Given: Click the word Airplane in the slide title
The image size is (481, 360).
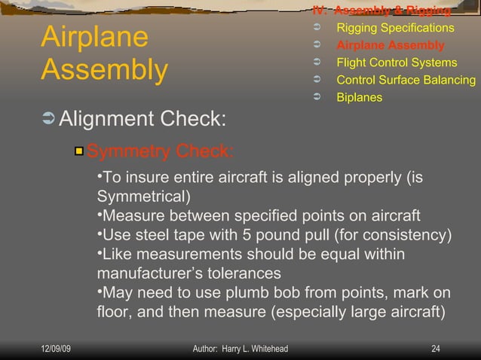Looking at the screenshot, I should (x=94, y=38).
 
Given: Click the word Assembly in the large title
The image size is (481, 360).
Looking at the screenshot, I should (x=104, y=70).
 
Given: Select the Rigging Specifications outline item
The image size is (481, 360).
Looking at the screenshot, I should (x=395, y=28).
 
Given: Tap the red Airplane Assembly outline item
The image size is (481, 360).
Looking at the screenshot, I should (x=391, y=45).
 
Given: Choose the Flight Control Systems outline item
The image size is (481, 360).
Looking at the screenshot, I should (x=397, y=63).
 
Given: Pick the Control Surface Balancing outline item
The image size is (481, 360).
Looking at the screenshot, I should (x=406, y=80).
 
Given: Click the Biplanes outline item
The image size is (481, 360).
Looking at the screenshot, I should (x=359, y=97).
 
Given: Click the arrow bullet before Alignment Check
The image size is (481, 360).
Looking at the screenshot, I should (x=48, y=119).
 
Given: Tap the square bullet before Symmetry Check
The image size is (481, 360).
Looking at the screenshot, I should (x=78, y=152).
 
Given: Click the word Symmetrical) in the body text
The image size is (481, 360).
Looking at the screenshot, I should (x=143, y=197).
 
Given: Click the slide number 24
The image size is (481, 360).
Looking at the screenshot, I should (x=435, y=349).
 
